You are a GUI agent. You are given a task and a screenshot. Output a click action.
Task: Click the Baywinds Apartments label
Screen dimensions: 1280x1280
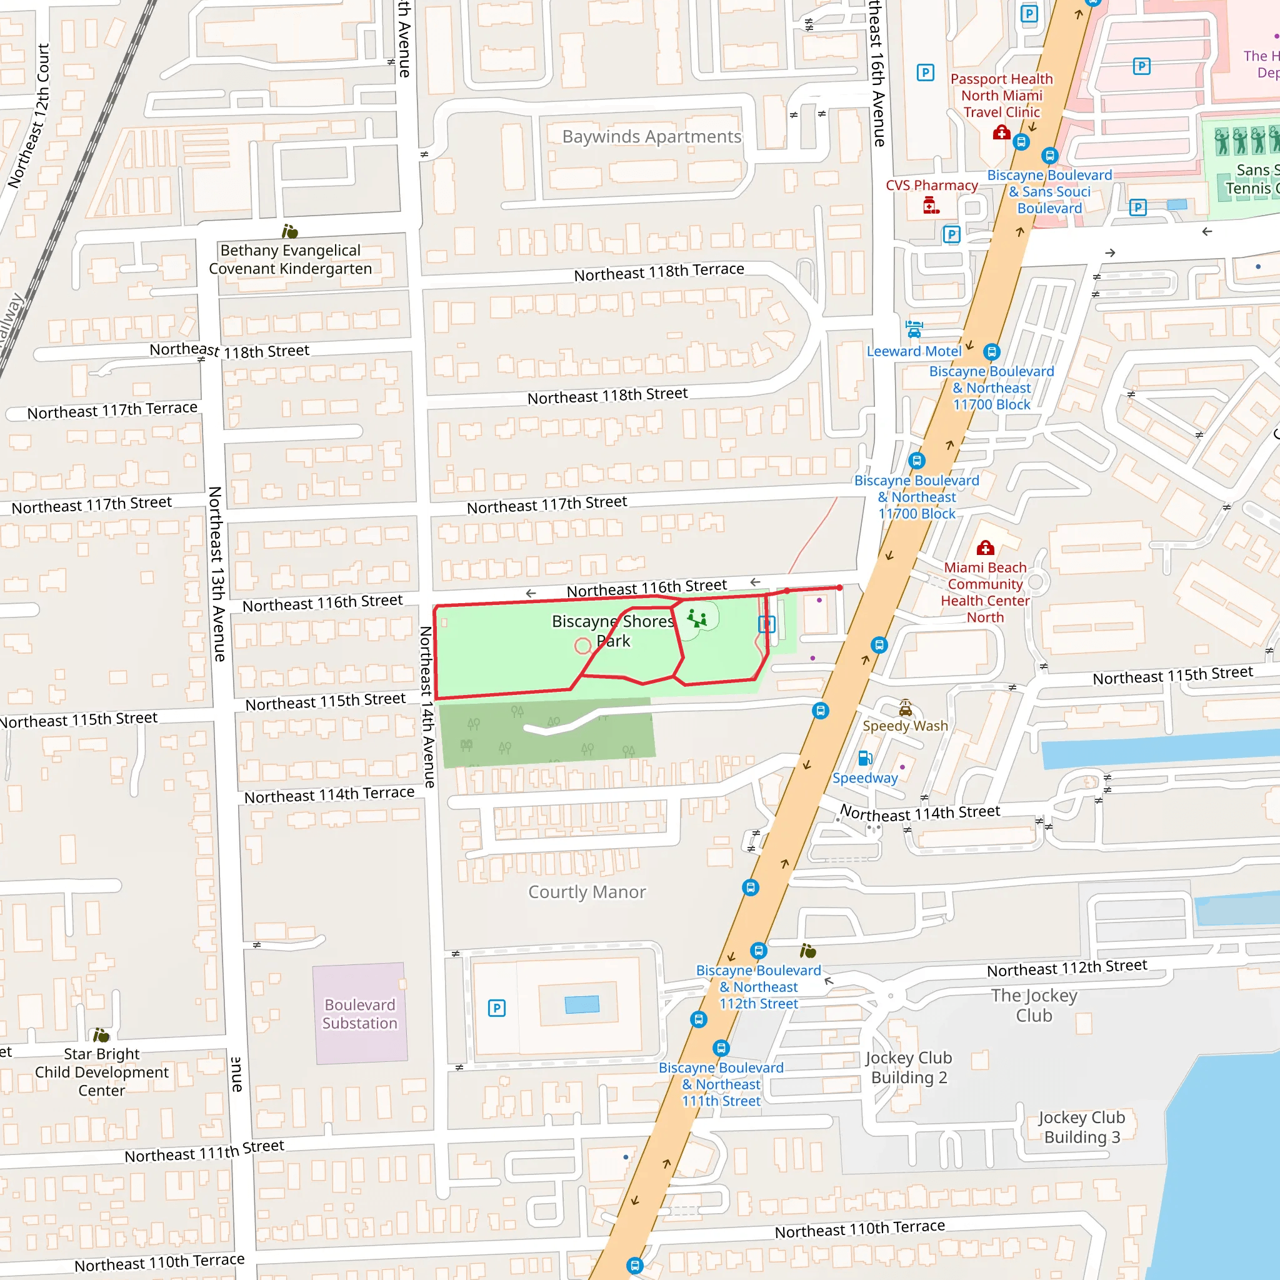pyautogui.click(x=651, y=136)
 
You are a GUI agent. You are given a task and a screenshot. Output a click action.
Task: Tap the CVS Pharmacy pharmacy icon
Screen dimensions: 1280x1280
pyautogui.click(x=931, y=206)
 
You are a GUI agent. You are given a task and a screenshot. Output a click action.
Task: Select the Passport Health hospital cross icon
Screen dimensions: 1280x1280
pyautogui.click(x=1001, y=133)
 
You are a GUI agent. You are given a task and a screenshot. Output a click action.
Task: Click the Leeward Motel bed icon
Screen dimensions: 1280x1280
pyautogui.click(x=914, y=329)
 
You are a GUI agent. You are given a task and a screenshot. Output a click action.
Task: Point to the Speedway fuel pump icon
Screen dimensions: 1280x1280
pyautogui.click(x=864, y=758)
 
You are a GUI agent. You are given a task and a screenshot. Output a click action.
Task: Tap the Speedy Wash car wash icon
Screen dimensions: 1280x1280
pyautogui.click(x=905, y=708)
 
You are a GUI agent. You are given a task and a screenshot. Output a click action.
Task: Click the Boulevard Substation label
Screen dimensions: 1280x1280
pyautogui.click(x=360, y=1014)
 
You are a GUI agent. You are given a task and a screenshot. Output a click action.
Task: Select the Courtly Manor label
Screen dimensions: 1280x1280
pyautogui.click(x=586, y=892)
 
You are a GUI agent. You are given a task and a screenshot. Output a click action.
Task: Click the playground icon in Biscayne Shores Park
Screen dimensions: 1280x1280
pyautogui.click(x=696, y=619)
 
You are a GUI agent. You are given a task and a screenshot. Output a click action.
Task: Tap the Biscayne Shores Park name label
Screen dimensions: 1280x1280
pyautogui.click(x=613, y=631)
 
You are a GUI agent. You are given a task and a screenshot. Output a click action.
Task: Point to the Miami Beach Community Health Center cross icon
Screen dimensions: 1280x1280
pyautogui.click(x=985, y=548)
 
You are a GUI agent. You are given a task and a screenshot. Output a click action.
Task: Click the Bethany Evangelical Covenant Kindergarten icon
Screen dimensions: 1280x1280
pyautogui.click(x=289, y=231)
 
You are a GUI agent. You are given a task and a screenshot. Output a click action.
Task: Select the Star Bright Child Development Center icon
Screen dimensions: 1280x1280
pyautogui.click(x=101, y=1035)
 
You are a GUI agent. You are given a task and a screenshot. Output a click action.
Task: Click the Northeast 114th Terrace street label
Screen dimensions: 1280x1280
pyautogui.click(x=329, y=794)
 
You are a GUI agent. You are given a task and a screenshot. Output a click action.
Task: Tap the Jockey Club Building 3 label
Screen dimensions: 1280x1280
pyautogui.click(x=1081, y=1127)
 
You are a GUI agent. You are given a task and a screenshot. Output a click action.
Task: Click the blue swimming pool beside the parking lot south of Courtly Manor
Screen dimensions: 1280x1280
pyautogui.click(x=582, y=1004)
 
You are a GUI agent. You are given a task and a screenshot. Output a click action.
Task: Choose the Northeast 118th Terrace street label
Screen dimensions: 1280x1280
pyautogui.click(x=659, y=272)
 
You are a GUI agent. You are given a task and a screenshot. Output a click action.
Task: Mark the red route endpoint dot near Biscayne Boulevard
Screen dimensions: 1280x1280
pyautogui.click(x=839, y=587)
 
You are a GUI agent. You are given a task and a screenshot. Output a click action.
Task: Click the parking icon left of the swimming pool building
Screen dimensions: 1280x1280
pyautogui.click(x=496, y=1008)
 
